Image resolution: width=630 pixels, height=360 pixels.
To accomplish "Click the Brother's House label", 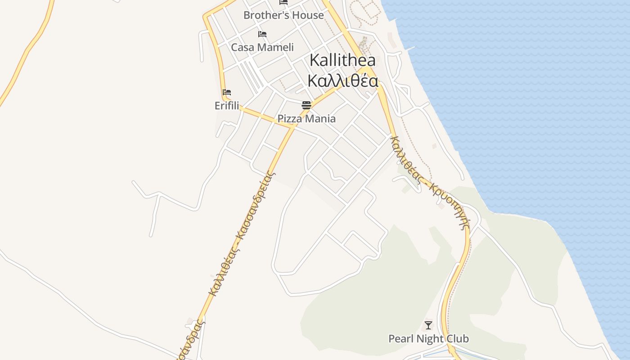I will point(283,15).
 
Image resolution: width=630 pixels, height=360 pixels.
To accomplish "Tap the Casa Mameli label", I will point(262,47).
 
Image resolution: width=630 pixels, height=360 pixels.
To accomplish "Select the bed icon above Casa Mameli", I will point(262,34).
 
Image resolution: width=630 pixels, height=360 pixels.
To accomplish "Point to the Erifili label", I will point(227,106).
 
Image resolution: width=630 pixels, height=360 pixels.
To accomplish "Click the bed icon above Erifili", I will point(227,92).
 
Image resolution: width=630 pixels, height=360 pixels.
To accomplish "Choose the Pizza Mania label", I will point(306,119).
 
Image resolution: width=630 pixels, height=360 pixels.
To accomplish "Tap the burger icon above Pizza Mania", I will point(306,105).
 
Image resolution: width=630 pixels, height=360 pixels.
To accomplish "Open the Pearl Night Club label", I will point(428,338).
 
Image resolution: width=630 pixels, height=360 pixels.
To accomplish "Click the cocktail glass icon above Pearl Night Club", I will point(428,325).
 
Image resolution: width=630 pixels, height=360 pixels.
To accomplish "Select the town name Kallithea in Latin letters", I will point(342,60).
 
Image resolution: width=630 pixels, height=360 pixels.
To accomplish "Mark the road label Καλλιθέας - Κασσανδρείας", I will point(241,234).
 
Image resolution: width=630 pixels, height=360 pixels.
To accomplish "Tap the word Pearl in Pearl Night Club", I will point(400,338).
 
